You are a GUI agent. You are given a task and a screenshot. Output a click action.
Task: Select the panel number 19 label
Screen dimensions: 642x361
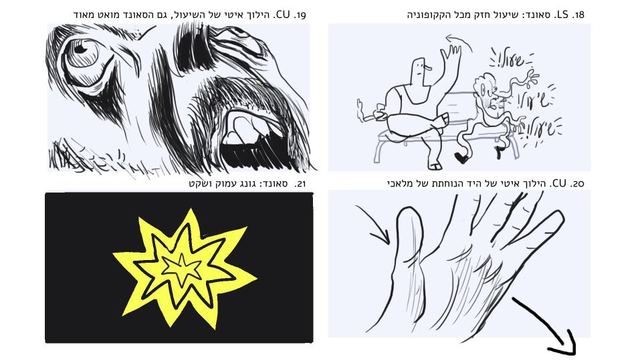(299, 15)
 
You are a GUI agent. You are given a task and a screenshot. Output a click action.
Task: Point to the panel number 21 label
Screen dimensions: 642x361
(300, 184)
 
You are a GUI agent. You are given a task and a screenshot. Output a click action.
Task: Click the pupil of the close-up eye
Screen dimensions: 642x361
(80, 49)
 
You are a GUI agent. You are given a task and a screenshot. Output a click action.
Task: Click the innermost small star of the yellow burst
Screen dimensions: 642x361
(182, 269)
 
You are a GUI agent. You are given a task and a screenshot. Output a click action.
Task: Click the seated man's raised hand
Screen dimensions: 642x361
(451, 56)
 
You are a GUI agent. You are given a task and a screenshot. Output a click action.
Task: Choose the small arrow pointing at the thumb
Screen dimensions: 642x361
(372, 225)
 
